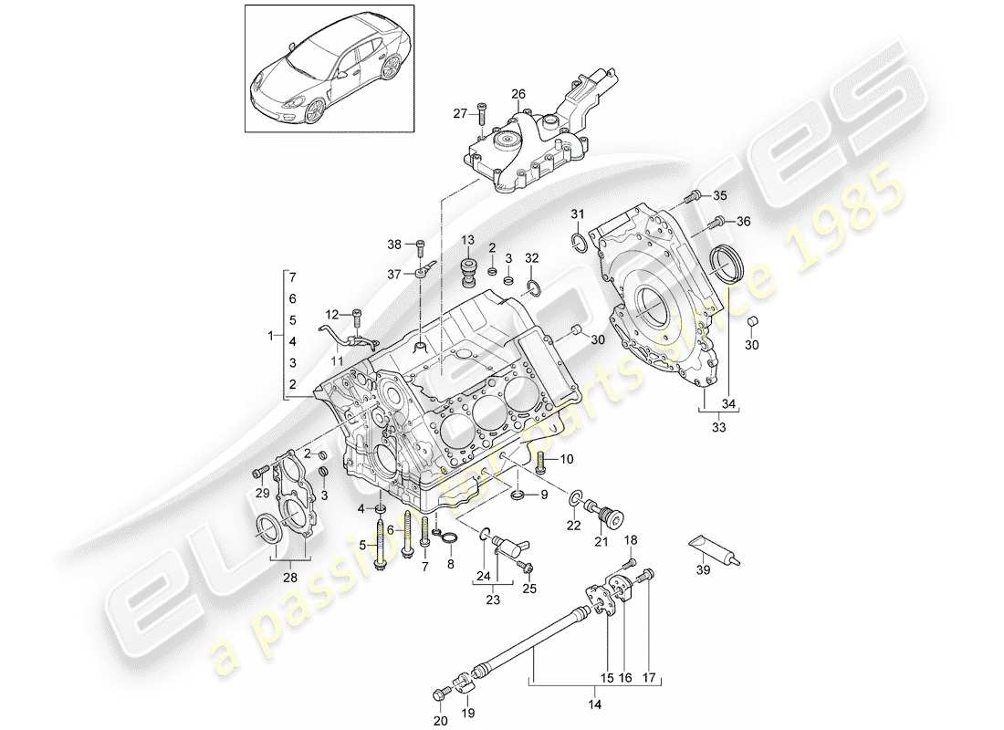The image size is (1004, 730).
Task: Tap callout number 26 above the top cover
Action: click(x=518, y=94)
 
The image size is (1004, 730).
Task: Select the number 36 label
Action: click(x=744, y=221)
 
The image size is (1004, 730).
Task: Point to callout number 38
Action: click(x=393, y=244)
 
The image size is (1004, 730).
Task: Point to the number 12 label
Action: click(x=333, y=315)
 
